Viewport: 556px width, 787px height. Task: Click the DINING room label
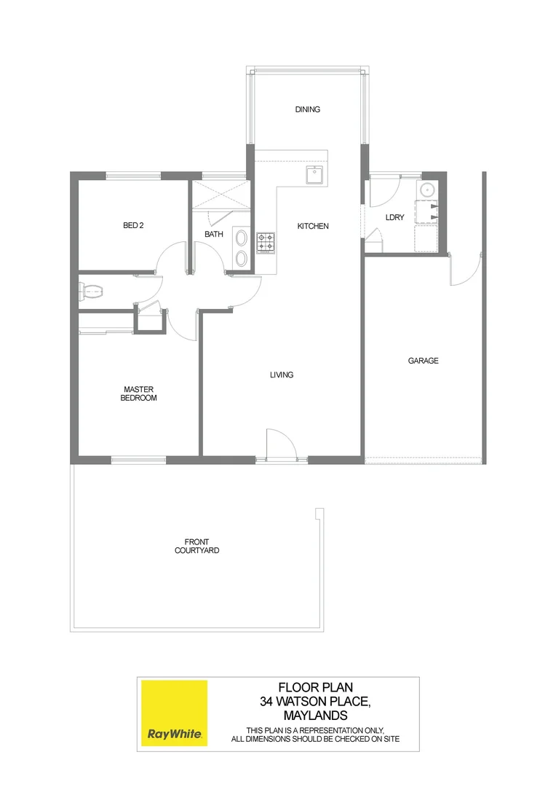pyautogui.click(x=307, y=110)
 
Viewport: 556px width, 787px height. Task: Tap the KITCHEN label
pyautogui.click(x=313, y=227)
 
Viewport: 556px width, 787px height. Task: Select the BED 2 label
pyautogui.click(x=133, y=226)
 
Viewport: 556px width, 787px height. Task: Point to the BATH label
pyautogui.click(x=214, y=235)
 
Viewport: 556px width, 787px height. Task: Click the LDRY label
pyautogui.click(x=394, y=218)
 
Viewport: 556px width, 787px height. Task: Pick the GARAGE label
pyautogui.click(x=423, y=361)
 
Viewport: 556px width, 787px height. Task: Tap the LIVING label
pyautogui.click(x=281, y=375)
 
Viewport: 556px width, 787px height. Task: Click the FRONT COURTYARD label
pyautogui.click(x=196, y=546)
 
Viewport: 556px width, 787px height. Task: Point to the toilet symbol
pyautogui.click(x=90, y=291)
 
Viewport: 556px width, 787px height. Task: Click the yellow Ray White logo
pyautogui.click(x=175, y=713)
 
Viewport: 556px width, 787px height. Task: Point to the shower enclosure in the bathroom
pyautogui.click(x=220, y=195)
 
